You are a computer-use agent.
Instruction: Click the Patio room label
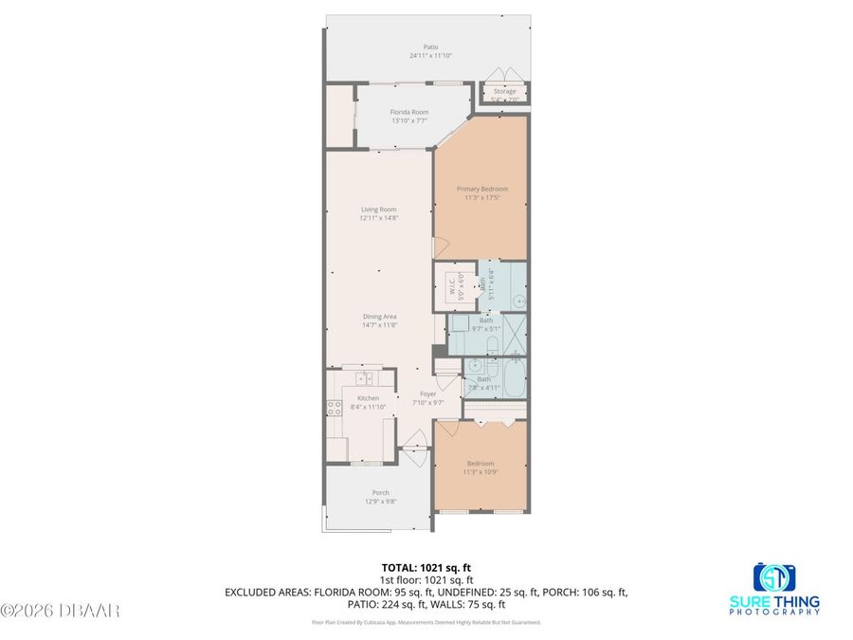click(430, 46)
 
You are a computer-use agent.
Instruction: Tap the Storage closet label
click(504, 92)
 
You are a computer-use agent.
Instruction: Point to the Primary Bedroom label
click(481, 189)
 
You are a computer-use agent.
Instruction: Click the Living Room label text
click(378, 210)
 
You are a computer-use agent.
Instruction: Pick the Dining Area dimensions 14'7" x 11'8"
click(378, 325)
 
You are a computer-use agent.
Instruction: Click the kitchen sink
click(361, 377)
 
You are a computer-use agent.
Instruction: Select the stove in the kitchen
click(335, 409)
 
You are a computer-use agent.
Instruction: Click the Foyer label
click(427, 393)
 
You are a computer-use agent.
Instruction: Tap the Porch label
click(380, 492)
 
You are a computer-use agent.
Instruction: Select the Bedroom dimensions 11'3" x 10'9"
click(481, 472)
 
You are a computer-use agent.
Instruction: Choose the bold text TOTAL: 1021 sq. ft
click(426, 567)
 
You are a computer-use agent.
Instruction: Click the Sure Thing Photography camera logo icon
click(773, 576)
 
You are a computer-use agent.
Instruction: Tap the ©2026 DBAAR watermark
click(61, 611)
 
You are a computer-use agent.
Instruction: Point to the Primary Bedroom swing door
click(444, 249)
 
